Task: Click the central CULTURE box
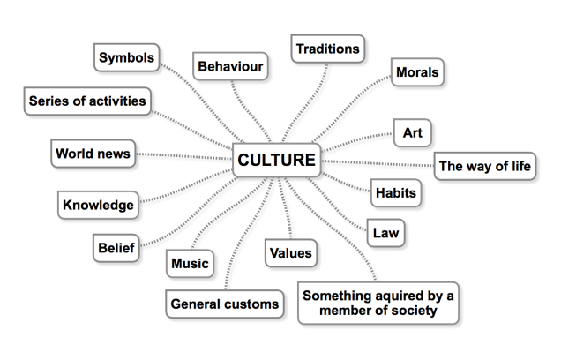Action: coord(277,160)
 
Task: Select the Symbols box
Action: coord(127,57)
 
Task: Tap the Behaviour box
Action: coord(230,66)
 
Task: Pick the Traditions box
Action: coord(328,49)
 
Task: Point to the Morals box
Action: coord(417,72)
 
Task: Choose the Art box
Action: coord(413,132)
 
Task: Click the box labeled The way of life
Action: coord(485,166)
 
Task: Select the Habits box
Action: coord(396,193)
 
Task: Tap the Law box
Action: coord(385,233)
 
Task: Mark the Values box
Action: coord(291,253)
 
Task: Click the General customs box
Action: coord(225,304)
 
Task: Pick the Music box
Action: coord(190,263)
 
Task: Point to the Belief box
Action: coord(116,248)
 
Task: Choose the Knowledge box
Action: coord(98,205)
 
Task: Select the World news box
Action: coord(93,154)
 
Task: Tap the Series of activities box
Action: coord(87,101)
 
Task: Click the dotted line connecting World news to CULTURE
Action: coord(183,156)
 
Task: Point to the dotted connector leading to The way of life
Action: coord(378,163)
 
